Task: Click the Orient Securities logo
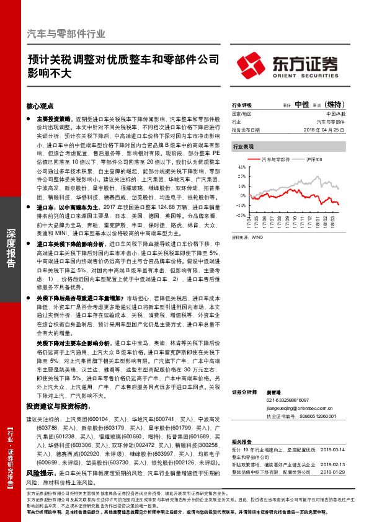pos(287,64)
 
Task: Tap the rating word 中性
pos(302,104)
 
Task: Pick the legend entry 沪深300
pos(314,159)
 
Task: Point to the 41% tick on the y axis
pos(242,167)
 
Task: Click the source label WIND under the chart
pos(257,237)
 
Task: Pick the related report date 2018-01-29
pos(334,471)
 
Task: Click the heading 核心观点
pos(40,107)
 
